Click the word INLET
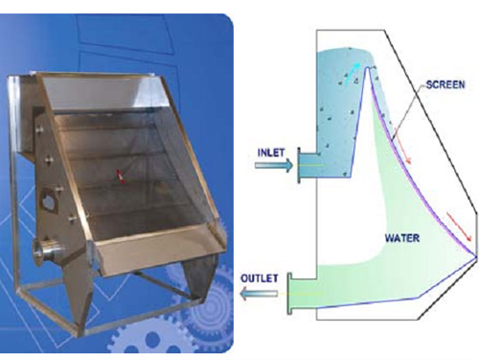(271, 153)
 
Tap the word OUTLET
(260, 278)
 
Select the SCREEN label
(445, 84)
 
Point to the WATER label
(402, 238)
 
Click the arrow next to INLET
(274, 165)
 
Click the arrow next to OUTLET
(259, 294)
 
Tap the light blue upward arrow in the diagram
(352, 74)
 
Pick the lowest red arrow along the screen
(459, 227)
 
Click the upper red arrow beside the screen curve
(402, 146)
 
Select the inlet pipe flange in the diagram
(299, 165)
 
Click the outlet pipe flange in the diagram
(289, 294)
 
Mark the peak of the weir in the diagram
(367, 67)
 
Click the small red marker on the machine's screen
(121, 176)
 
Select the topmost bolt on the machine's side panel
(39, 130)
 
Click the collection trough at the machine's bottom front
(156, 248)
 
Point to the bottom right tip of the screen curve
(476, 256)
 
